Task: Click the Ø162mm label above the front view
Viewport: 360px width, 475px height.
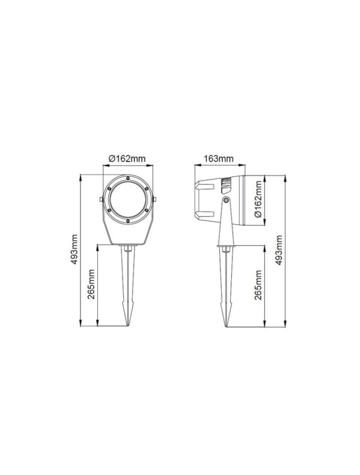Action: (127, 159)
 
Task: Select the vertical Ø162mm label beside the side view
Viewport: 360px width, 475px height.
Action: (258, 201)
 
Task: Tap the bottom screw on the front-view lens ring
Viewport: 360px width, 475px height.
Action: (128, 221)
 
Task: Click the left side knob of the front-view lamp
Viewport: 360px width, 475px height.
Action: (101, 199)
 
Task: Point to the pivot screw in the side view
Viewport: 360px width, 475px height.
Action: (226, 199)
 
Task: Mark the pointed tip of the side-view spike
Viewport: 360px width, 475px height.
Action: (226, 326)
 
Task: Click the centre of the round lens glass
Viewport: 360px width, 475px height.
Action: (128, 200)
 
